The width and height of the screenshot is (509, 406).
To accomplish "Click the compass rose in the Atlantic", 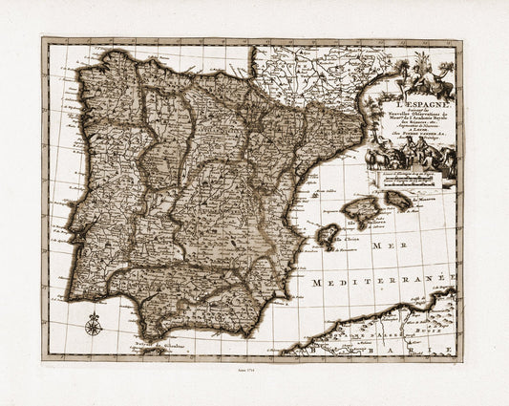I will click(92, 326).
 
